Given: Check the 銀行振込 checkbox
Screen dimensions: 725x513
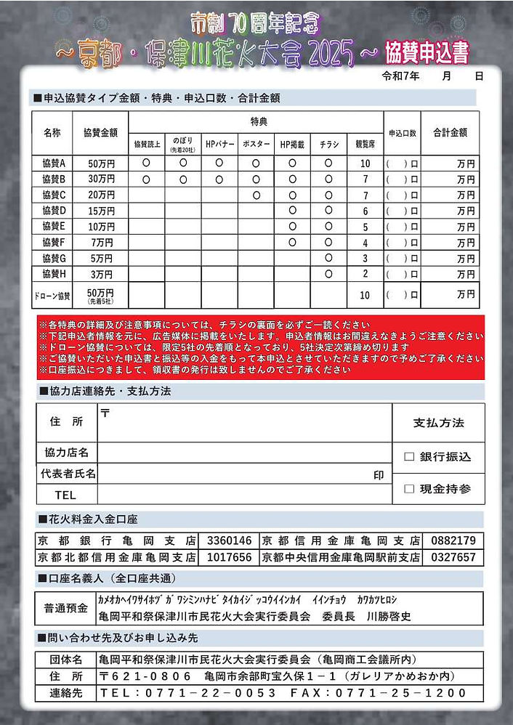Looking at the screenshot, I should coord(409,457).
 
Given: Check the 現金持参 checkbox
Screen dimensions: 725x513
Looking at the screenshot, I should coord(409,489).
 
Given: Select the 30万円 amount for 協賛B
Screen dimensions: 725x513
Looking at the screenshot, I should coord(101,179).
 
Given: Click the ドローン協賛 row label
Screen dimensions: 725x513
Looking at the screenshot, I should coord(53,296).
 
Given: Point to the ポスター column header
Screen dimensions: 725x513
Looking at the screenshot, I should coord(256,145).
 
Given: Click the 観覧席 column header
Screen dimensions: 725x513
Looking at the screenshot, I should coord(365,145).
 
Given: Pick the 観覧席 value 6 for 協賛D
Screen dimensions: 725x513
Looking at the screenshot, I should coord(365,211).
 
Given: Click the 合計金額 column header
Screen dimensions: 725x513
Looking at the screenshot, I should coord(450,133).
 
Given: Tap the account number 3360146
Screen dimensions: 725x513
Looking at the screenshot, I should coord(230,541).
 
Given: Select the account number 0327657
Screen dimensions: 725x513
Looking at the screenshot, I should coord(453,557).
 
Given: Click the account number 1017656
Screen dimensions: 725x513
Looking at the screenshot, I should coord(230,557).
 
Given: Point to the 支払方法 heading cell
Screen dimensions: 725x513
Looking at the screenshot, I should coord(438,423).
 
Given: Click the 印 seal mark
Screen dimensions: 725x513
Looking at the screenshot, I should coord(378,474).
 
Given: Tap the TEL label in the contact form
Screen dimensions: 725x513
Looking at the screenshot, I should coord(65,495).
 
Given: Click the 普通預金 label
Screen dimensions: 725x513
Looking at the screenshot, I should coord(66,608).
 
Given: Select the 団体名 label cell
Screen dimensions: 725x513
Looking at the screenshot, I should coord(66,660).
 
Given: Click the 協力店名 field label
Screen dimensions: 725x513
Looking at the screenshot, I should coord(66,453).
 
